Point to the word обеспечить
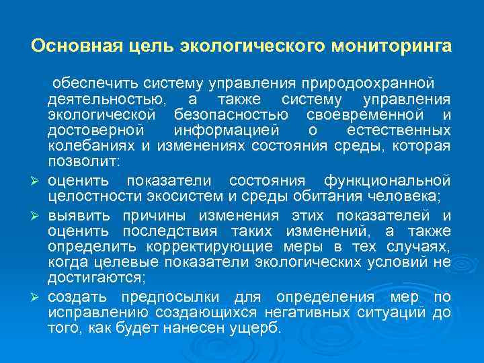coord(93,84)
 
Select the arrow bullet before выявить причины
coord(38,216)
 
